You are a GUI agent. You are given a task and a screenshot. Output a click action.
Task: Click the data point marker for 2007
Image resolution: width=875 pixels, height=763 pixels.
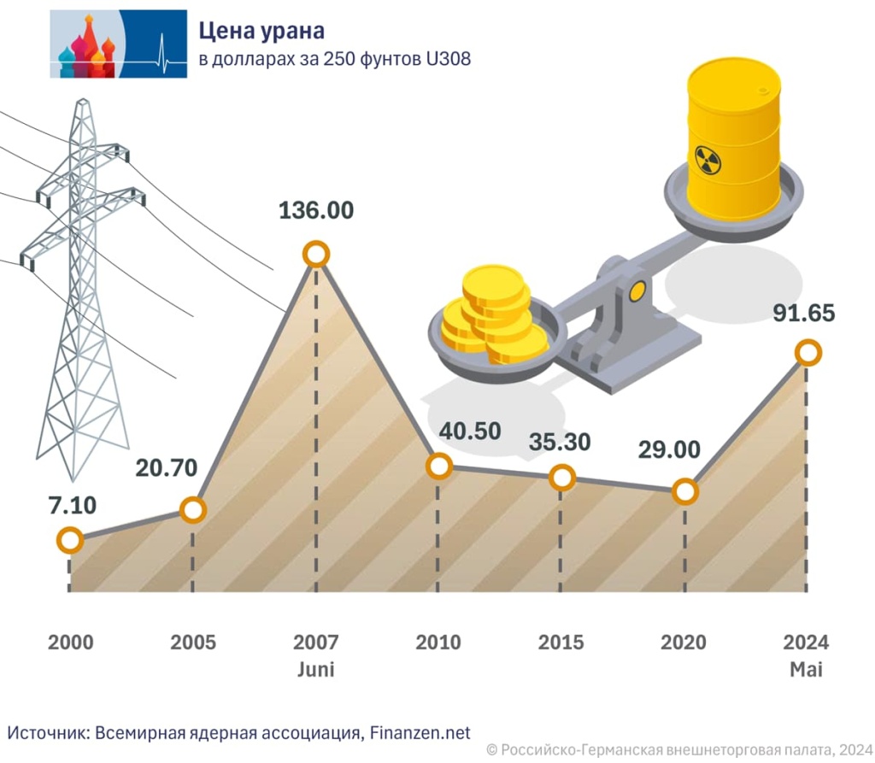[316, 255]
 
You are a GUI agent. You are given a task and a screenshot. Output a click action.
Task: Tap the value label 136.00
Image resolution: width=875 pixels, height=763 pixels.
[316, 210]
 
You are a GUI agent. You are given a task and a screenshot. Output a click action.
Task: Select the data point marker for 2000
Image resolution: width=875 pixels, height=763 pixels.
[69, 540]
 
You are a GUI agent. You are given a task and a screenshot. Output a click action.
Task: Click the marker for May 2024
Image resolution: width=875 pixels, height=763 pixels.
[807, 352]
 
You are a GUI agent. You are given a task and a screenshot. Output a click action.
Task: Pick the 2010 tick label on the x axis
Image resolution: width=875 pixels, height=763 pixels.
[438, 643]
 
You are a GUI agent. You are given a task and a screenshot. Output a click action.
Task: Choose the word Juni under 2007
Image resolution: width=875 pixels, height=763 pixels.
[315, 669]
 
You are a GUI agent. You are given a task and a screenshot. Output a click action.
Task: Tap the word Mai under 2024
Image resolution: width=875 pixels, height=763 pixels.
[806, 669]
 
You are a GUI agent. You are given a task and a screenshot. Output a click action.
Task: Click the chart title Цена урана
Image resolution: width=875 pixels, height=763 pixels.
[261, 32]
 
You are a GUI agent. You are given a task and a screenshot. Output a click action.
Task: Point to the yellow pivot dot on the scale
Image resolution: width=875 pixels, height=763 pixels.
[637, 292]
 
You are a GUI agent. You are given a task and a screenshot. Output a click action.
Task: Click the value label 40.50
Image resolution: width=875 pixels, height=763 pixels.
[470, 431]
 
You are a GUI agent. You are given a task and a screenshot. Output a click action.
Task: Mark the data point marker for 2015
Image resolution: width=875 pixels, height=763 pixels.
[561, 478]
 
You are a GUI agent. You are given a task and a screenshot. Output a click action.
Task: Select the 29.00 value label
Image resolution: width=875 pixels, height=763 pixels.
[670, 449]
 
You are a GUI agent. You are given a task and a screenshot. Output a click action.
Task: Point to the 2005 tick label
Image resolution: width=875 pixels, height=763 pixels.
[193, 643]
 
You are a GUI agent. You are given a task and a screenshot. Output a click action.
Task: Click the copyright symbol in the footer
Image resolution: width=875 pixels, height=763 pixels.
[491, 749]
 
